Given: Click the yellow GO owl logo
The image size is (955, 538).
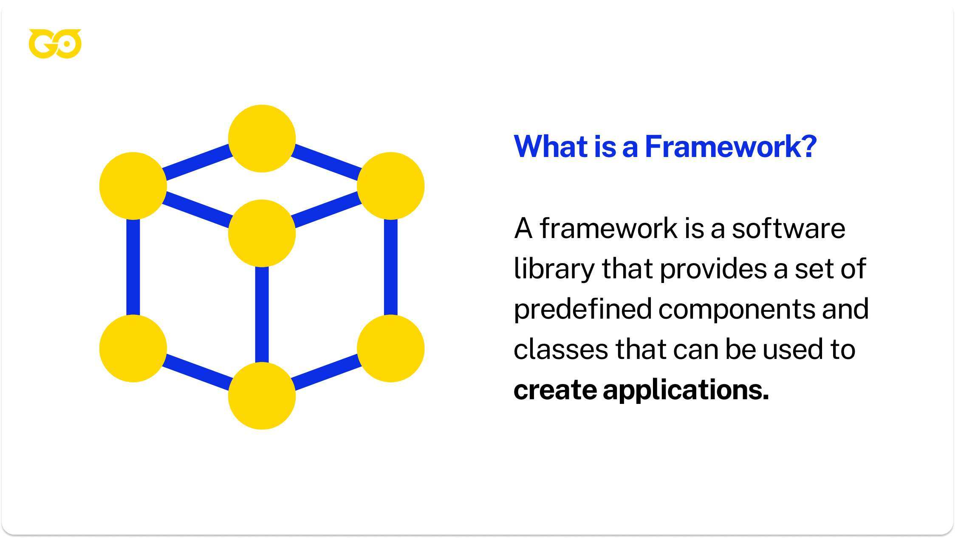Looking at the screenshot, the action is [55, 44].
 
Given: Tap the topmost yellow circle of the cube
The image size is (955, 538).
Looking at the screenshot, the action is [262, 139].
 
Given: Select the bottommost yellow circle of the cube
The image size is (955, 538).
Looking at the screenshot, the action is [262, 396].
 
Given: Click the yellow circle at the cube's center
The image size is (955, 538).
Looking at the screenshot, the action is [262, 233].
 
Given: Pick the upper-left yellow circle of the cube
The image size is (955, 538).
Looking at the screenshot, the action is [133, 186].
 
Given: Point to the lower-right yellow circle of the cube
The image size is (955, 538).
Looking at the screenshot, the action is [390, 348].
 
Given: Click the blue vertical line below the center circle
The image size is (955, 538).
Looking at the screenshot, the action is [262, 314].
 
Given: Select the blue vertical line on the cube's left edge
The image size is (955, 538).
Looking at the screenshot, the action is [133, 267].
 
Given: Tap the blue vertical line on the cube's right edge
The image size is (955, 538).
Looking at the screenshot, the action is [390, 267].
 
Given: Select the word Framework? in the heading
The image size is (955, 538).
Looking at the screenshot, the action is [731, 146].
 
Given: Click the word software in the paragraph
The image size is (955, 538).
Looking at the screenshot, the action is [788, 228].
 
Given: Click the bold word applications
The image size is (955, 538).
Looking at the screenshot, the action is [686, 390].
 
